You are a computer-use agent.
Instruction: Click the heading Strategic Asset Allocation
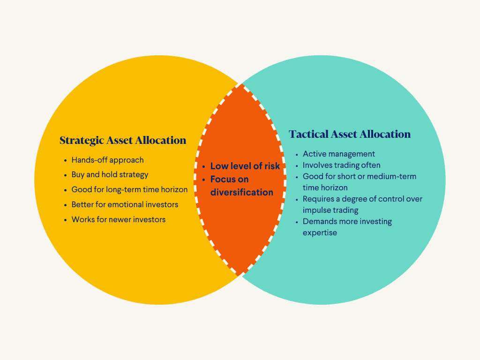click(x=123, y=140)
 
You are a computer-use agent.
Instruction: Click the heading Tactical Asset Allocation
click(x=350, y=135)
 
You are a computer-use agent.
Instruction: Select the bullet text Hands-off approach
click(x=107, y=160)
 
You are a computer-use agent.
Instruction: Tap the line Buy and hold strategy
click(x=110, y=175)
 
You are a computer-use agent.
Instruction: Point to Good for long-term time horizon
click(x=129, y=190)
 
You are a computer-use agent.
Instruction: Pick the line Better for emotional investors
click(x=125, y=205)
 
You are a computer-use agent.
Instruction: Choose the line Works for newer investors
click(x=119, y=219)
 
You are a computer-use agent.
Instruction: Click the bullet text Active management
click(x=339, y=154)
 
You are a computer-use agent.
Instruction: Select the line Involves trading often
click(x=341, y=165)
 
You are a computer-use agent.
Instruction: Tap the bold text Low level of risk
click(x=245, y=166)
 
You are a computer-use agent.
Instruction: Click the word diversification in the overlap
click(x=241, y=192)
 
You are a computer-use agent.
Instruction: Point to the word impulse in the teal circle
click(x=317, y=210)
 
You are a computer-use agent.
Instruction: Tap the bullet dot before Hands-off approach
click(x=65, y=160)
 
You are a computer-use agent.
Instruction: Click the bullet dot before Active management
click(x=297, y=154)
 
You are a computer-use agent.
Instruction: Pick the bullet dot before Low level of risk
click(x=204, y=166)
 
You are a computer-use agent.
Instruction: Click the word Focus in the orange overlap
click(x=223, y=179)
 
